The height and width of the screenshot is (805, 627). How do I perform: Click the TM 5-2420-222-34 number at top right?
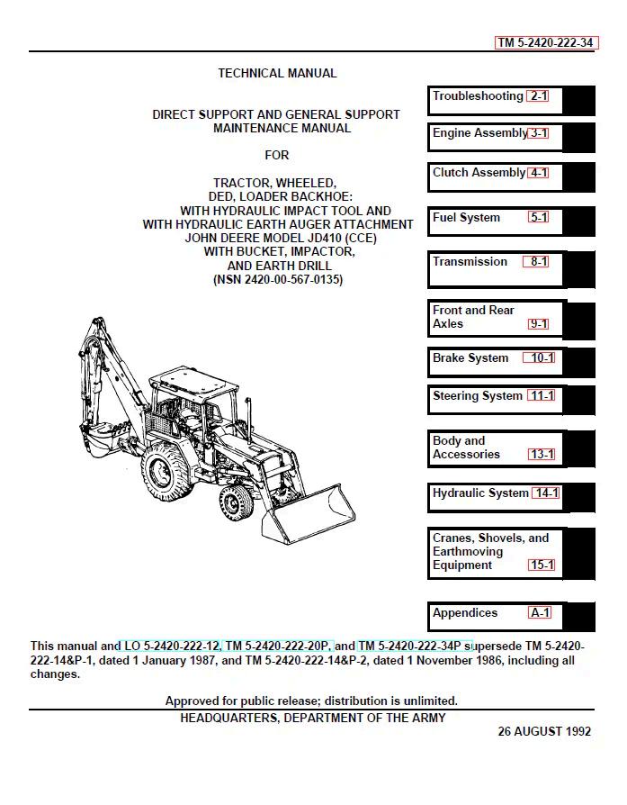(546, 42)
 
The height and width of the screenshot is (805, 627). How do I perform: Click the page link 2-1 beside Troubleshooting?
(538, 96)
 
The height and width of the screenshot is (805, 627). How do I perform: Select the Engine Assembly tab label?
(479, 133)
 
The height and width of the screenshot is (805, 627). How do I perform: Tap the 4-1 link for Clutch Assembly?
(538, 173)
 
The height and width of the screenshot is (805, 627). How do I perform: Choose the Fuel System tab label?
(466, 218)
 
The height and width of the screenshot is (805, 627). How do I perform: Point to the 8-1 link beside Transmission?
(538, 262)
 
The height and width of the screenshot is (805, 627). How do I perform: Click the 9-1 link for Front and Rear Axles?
(538, 324)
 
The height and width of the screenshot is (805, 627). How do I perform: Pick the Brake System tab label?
(470, 358)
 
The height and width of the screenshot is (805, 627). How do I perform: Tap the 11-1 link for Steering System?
(542, 396)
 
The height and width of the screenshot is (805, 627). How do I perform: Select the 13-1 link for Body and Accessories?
(542, 455)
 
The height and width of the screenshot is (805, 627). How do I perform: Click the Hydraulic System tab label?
(480, 493)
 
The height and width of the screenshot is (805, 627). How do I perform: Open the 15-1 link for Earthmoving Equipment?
(542, 565)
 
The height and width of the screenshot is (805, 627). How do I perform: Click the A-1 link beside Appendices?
(540, 613)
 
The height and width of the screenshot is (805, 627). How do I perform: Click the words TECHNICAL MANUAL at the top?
(277, 74)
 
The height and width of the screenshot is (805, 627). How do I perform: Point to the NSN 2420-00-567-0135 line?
(278, 280)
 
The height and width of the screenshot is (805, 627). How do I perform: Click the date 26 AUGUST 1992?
(544, 731)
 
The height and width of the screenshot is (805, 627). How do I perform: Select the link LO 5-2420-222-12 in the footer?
(169, 646)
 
